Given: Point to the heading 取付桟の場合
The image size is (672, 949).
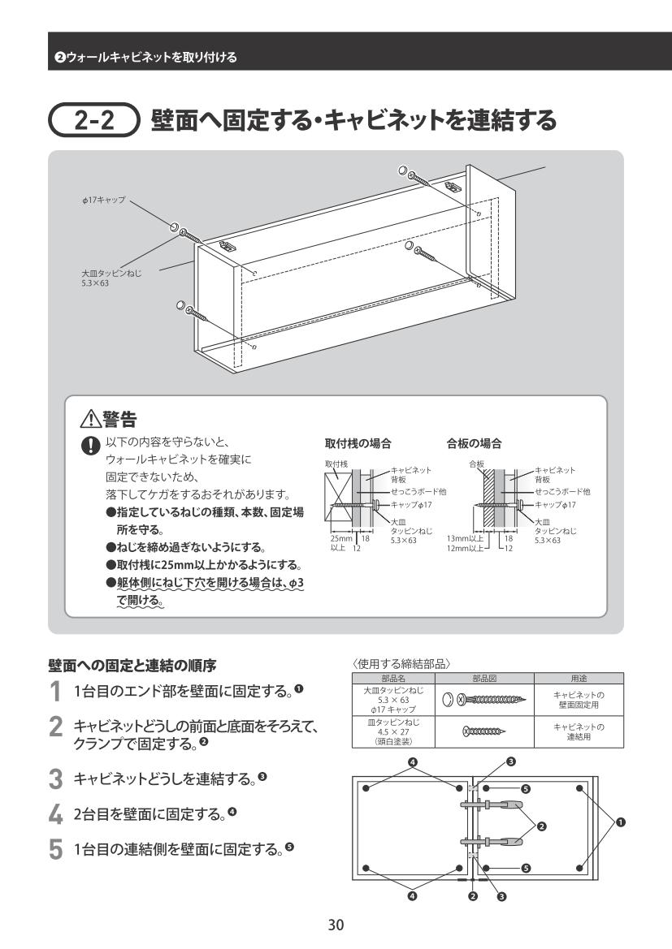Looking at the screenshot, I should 358,444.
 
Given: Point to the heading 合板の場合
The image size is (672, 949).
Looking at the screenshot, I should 475,444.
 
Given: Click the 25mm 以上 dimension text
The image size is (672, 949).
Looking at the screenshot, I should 340,543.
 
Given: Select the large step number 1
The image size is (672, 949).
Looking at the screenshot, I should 55,691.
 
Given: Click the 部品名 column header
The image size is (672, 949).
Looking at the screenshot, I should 393,678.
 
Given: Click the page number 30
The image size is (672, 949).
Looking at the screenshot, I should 336,924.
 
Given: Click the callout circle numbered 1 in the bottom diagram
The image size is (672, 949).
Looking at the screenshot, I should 622,822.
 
